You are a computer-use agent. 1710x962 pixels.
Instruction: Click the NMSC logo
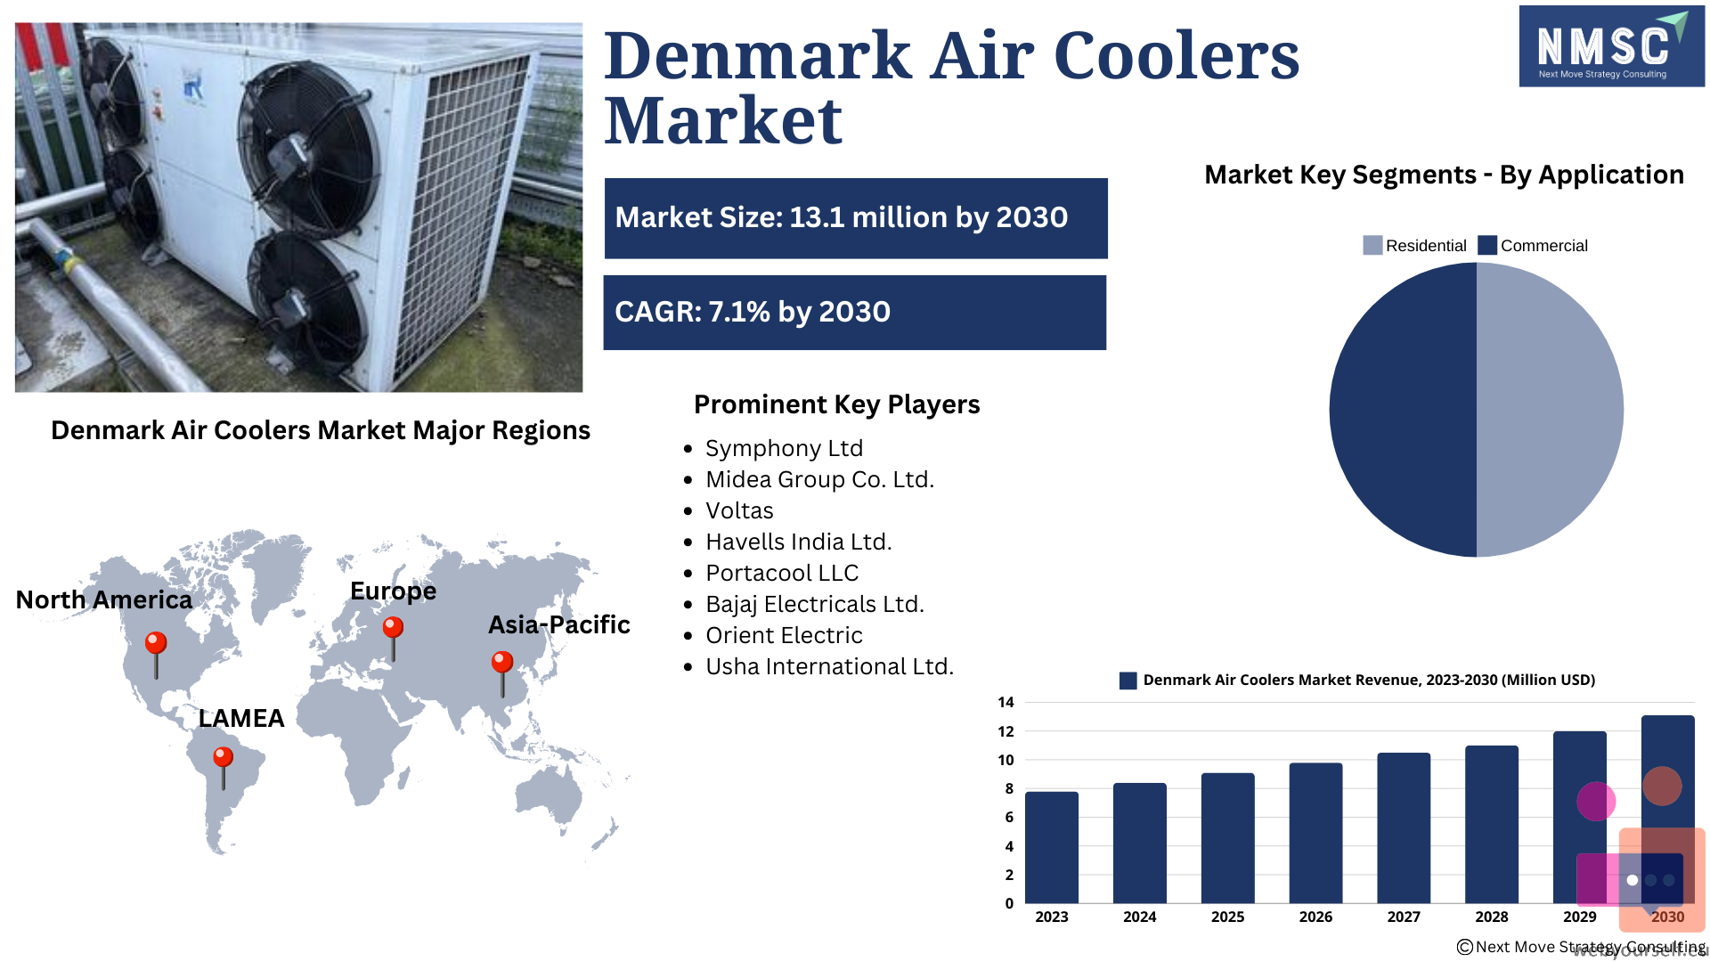click(x=1612, y=46)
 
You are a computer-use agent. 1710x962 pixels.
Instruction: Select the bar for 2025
click(x=1227, y=838)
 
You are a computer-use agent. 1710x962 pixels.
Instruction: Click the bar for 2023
click(x=1052, y=847)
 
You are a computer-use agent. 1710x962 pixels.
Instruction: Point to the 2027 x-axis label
click(x=1404, y=917)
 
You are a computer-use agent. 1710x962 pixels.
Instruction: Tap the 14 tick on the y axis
click(x=1006, y=702)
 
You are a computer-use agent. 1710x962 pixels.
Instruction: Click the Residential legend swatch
click(x=1372, y=245)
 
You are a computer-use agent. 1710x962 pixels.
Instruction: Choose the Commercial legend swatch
click(x=1487, y=245)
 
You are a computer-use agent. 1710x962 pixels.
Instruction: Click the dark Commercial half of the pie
click(x=1403, y=410)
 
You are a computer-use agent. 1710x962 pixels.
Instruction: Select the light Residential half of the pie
click(x=1550, y=410)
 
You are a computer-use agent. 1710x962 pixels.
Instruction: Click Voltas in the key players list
click(x=739, y=510)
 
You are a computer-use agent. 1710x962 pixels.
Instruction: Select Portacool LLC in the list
click(x=782, y=573)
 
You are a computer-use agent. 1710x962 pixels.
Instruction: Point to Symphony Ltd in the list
click(x=784, y=448)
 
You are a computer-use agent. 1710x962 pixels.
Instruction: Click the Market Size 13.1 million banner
click(x=856, y=218)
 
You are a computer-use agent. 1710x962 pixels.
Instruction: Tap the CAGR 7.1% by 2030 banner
click(x=855, y=313)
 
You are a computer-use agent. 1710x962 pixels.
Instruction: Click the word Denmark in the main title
click(x=758, y=55)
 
